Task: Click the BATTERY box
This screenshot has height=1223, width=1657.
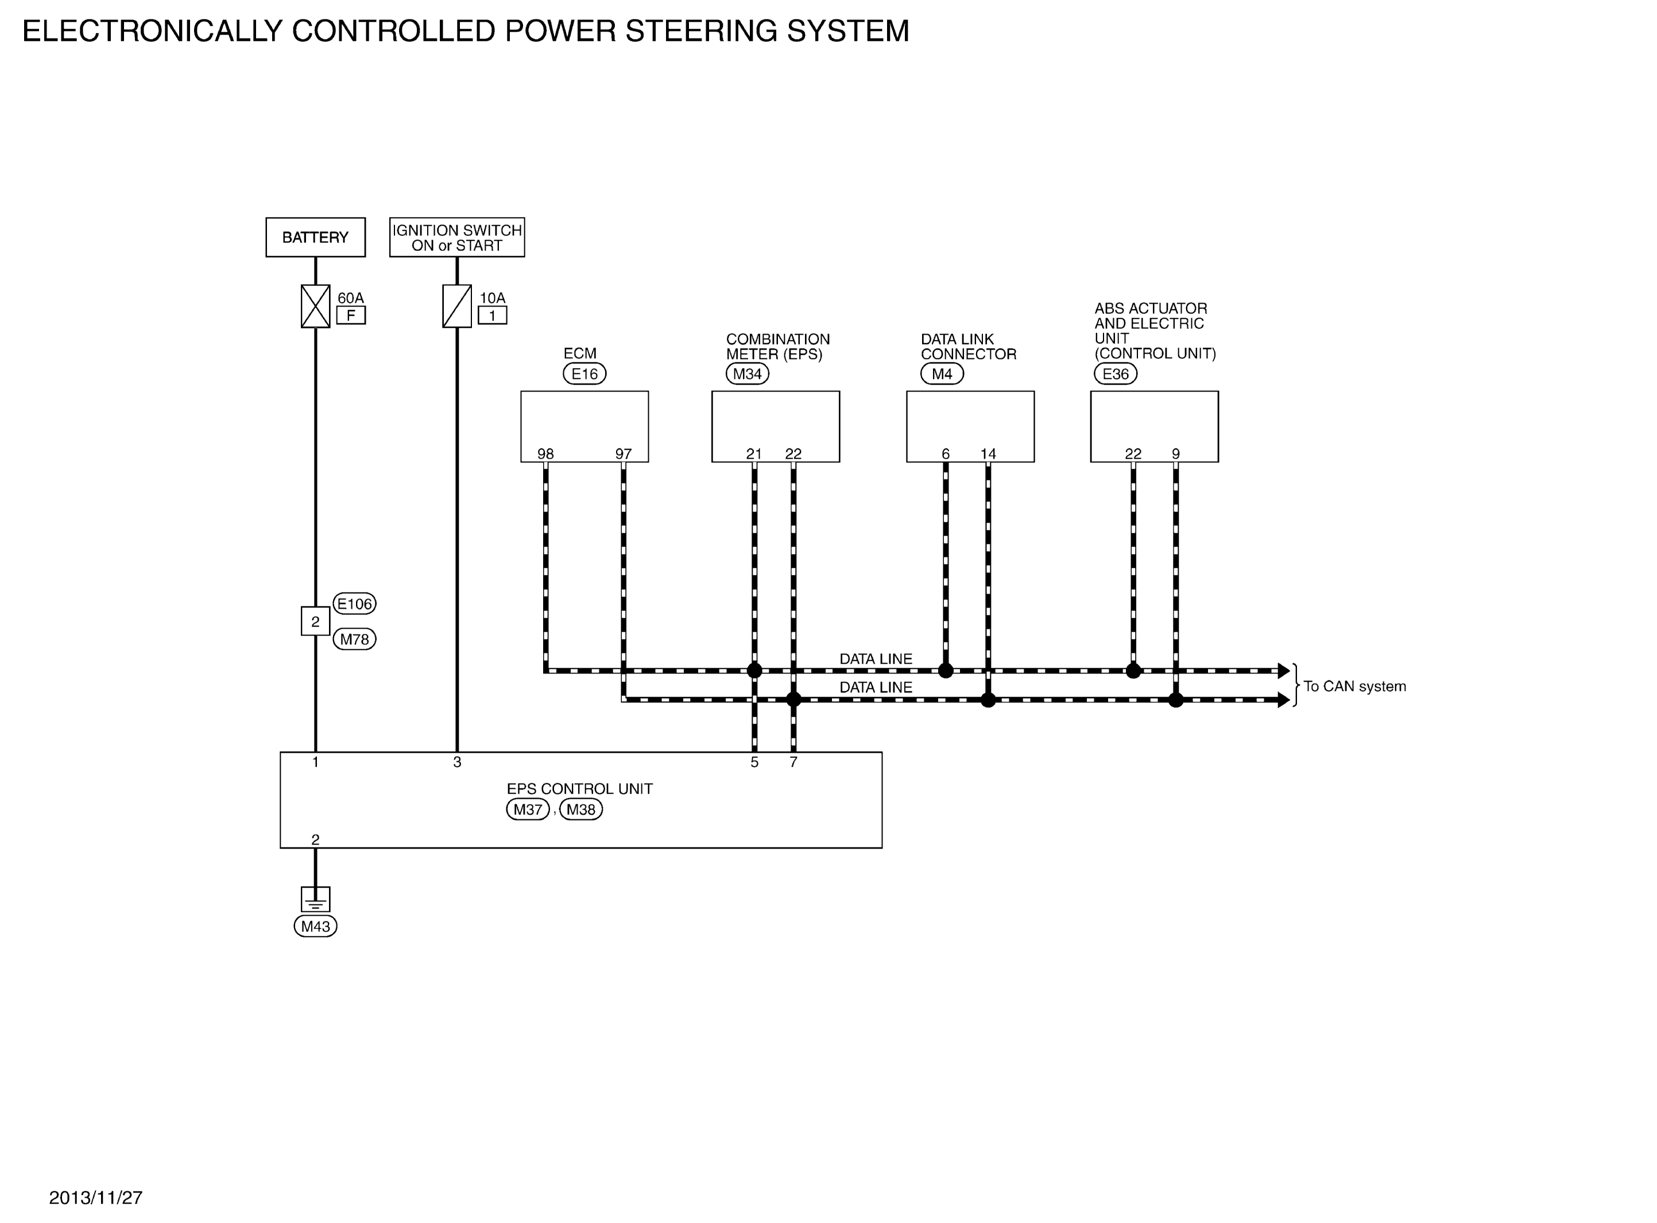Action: pos(315,237)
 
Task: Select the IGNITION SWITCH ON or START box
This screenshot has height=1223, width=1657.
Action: pos(456,237)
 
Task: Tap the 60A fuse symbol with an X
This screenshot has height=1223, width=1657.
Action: pos(315,305)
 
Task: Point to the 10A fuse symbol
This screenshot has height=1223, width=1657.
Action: pos(456,305)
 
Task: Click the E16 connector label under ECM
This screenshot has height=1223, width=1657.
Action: pos(584,374)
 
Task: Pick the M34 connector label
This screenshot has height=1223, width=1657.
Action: pos(748,374)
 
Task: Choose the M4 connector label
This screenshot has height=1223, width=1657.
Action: pos(942,374)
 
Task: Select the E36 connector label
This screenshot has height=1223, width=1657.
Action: pos(1115,374)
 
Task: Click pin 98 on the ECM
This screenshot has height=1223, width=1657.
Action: pos(545,454)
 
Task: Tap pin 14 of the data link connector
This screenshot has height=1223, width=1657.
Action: pos(988,454)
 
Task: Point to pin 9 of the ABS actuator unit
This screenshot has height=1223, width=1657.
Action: pos(1176,454)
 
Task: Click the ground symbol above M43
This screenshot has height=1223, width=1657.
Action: pos(315,900)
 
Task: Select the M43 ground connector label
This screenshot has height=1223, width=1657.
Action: pos(315,926)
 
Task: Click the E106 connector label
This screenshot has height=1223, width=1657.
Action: pos(354,603)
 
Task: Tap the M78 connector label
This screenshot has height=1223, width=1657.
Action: pos(354,639)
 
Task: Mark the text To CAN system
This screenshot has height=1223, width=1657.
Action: pos(1354,686)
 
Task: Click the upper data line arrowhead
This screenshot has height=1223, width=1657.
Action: pos(1284,671)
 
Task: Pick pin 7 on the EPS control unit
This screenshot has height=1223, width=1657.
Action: pos(793,762)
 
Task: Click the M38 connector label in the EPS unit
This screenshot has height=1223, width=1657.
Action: pos(581,809)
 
